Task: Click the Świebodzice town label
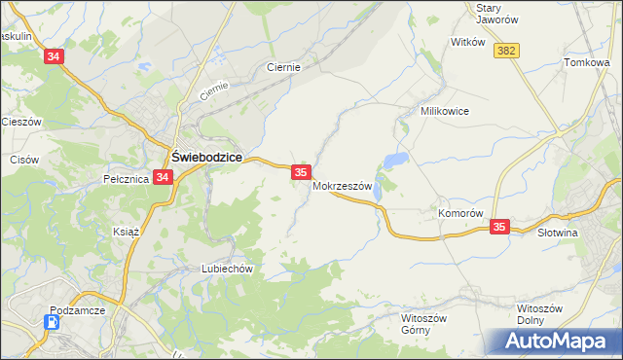[x=206, y=156]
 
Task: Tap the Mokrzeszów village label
[x=343, y=187]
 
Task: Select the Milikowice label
[x=444, y=111]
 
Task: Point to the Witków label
[x=467, y=42]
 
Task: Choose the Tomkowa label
[x=586, y=62]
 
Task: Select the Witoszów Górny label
[x=423, y=323]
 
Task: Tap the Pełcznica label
[x=126, y=179]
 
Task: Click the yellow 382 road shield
[x=504, y=51]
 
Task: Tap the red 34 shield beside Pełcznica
[x=163, y=178]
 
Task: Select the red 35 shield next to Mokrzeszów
[x=301, y=172]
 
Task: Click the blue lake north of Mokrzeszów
[x=395, y=160]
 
